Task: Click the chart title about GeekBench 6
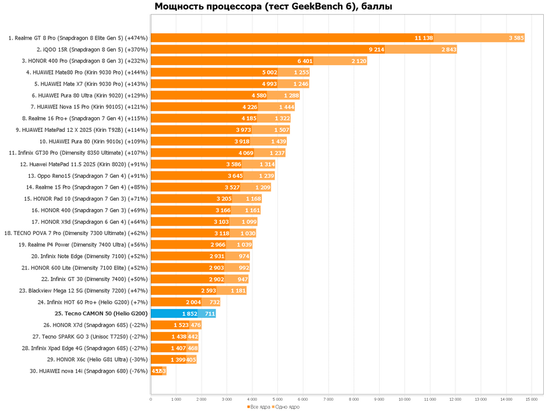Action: [x=273, y=7]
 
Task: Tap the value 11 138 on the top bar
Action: [x=423, y=38]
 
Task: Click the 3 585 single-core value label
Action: [x=516, y=38]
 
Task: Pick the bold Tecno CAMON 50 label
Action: [x=101, y=314]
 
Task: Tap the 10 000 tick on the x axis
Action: [x=404, y=400]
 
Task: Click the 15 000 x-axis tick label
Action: [x=531, y=400]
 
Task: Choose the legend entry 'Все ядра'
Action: [x=259, y=407]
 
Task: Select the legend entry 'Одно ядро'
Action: [x=287, y=407]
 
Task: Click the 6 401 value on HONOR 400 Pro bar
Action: [x=305, y=61]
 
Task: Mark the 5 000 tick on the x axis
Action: [x=277, y=400]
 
